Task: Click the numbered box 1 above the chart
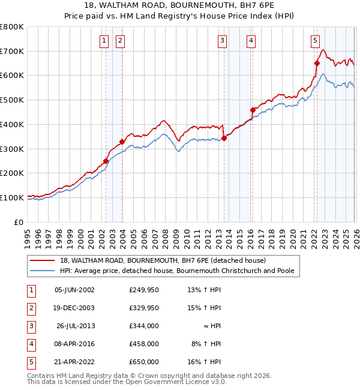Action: click(104, 41)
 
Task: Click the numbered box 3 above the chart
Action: click(222, 41)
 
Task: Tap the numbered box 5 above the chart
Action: click(315, 41)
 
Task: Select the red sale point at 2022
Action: click(317, 63)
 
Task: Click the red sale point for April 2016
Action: click(253, 110)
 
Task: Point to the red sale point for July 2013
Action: click(224, 138)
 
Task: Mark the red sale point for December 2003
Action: click(122, 142)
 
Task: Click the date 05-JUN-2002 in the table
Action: click(74, 290)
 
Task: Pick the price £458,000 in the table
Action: click(143, 344)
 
